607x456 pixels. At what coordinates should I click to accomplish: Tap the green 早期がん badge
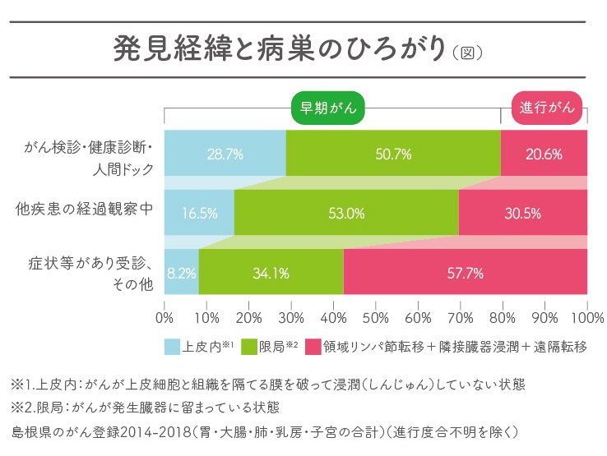pos(327,108)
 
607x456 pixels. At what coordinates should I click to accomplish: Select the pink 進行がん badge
pos(547,108)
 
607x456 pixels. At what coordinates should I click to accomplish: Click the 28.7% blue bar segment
pos(225,153)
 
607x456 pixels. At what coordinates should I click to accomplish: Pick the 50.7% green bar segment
pos(393,153)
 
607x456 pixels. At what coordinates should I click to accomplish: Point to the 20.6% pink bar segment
pos(544,153)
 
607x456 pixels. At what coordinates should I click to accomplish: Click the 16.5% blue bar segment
pos(199,213)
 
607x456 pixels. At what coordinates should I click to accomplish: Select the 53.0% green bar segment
pos(346,213)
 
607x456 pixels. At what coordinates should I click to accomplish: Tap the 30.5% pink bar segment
pos(522,213)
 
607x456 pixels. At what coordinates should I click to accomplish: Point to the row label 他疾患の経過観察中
pos(85,209)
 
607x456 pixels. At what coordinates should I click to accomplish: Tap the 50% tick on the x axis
pos(376,317)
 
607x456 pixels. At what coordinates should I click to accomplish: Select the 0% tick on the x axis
pos(164,317)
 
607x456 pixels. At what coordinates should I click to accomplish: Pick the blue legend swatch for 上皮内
pos(173,347)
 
